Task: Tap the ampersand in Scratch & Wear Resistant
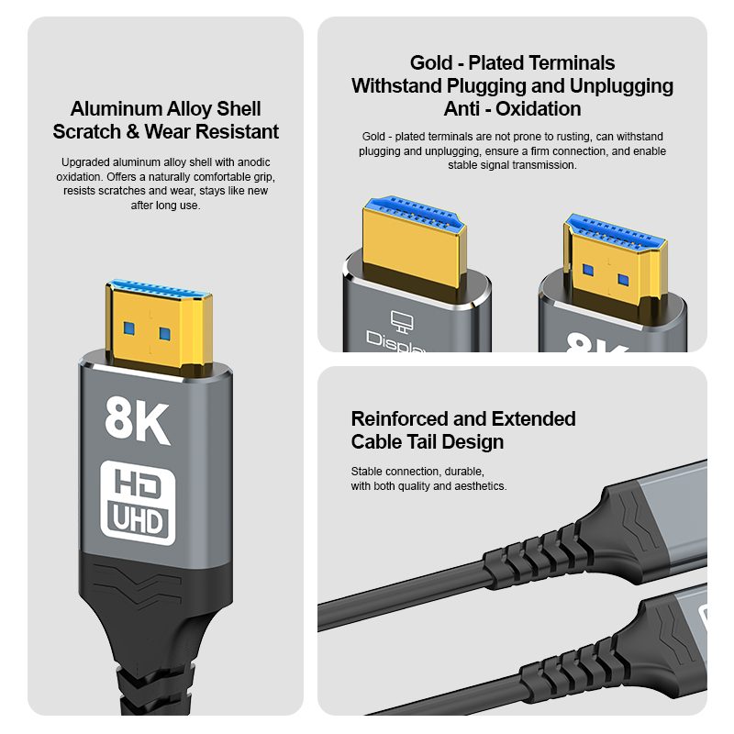tap(133, 131)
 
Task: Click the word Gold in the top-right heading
tap(431, 62)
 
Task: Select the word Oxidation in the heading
tap(539, 108)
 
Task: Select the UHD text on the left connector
tap(138, 520)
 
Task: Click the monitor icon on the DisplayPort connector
tap(402, 321)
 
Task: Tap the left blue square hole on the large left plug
tap(129, 328)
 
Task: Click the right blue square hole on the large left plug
tap(165, 334)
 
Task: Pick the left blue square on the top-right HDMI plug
tap(588, 270)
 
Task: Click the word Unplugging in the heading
tap(621, 85)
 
